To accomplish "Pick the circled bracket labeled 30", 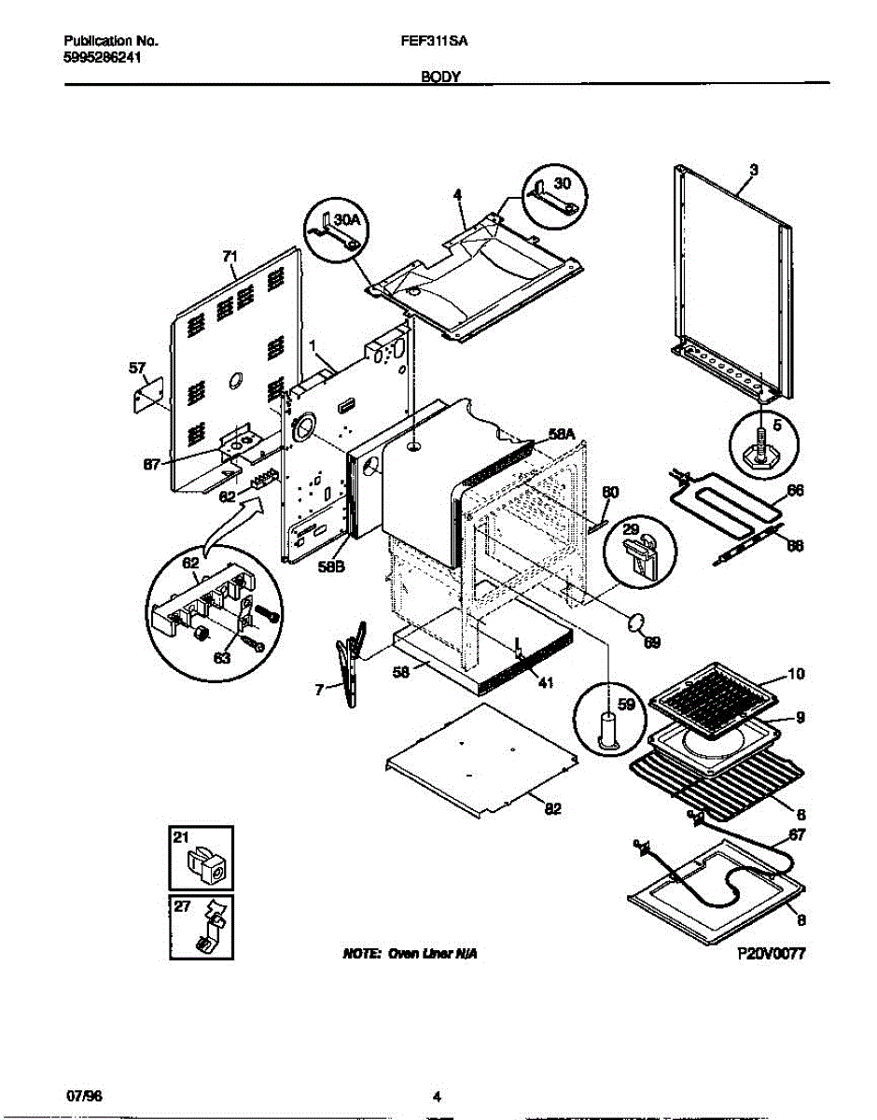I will pos(554,194).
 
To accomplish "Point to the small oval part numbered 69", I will pos(637,621).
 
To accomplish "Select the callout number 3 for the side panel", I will pos(754,170).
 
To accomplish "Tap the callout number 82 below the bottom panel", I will pos(552,808).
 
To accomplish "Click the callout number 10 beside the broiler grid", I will pos(796,674).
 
